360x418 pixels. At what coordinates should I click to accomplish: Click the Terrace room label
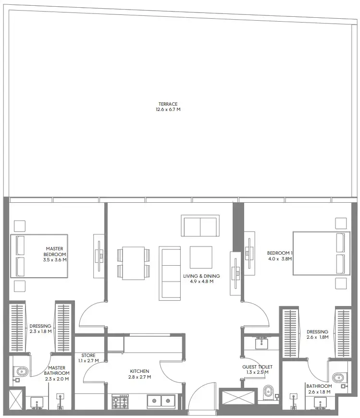[168, 107]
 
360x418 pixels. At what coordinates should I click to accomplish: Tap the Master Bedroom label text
[54, 254]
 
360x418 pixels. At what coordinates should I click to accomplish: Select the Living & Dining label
[201, 279]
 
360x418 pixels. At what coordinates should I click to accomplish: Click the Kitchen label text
[139, 374]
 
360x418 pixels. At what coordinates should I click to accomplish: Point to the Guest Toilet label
[257, 370]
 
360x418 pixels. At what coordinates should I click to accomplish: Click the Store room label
[88, 358]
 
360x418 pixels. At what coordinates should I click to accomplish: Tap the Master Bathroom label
[56, 373]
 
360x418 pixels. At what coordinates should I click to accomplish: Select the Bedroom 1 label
[280, 256]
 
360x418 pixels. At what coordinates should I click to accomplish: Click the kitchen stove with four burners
[120, 402]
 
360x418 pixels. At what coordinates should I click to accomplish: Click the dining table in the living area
[133, 263]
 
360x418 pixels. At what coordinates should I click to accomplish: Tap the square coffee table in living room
[201, 257]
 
